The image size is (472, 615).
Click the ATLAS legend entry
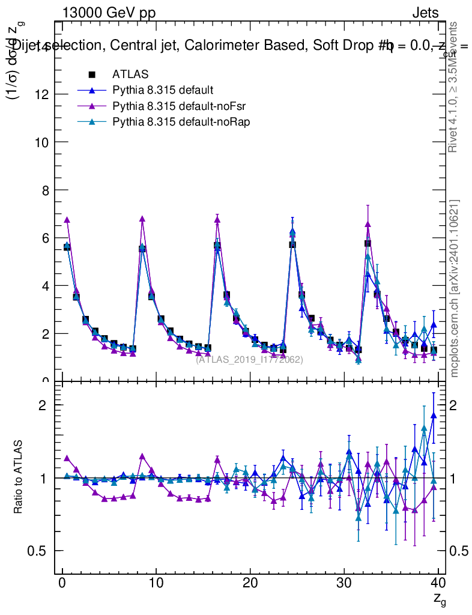(130, 74)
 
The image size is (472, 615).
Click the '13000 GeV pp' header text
(109, 13)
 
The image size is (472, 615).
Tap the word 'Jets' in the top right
(425, 13)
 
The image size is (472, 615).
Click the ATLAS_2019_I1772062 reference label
(249, 360)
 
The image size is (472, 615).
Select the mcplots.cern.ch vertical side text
(455, 288)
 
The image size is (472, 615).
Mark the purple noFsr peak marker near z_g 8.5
(142, 219)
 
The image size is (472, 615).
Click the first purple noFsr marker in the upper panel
(67, 220)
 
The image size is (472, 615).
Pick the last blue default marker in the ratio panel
(434, 415)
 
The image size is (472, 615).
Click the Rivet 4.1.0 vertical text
(455, 87)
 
